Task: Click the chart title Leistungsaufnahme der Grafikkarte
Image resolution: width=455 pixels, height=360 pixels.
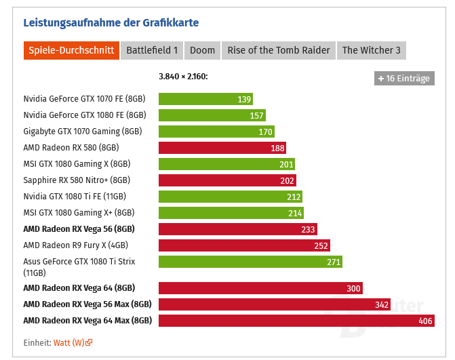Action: click(x=111, y=22)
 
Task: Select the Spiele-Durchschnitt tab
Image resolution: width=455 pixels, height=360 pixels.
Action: click(x=71, y=50)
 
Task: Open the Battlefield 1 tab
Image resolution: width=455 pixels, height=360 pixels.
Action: click(x=152, y=50)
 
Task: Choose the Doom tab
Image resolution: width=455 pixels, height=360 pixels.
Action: click(x=202, y=50)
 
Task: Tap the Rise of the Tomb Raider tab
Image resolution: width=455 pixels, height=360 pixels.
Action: click(x=279, y=50)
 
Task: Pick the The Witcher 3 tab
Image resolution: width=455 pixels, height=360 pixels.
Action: click(x=371, y=50)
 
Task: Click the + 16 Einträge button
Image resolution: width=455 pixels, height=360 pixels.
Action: click(x=404, y=78)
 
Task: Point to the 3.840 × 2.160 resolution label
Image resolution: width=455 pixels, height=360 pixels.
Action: click(x=183, y=77)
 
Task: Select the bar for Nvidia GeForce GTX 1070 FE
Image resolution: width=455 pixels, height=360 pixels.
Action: click(x=205, y=99)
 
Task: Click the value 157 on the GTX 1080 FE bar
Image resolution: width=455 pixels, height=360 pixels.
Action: click(x=256, y=115)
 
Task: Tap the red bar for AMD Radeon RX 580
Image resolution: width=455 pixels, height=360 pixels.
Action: click(x=222, y=148)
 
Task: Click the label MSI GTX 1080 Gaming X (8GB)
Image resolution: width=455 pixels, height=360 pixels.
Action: click(x=77, y=164)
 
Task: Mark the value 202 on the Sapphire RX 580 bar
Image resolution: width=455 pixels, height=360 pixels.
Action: click(x=287, y=180)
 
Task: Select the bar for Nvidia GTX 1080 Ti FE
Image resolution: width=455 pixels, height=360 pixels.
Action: click(x=230, y=197)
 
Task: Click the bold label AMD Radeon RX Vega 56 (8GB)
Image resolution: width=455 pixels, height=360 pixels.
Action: click(x=79, y=229)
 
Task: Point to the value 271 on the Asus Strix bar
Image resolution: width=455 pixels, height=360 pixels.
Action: click(x=333, y=262)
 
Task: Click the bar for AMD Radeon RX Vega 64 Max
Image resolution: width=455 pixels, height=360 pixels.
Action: click(x=296, y=321)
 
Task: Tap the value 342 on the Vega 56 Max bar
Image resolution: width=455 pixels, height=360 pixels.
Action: click(x=382, y=304)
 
